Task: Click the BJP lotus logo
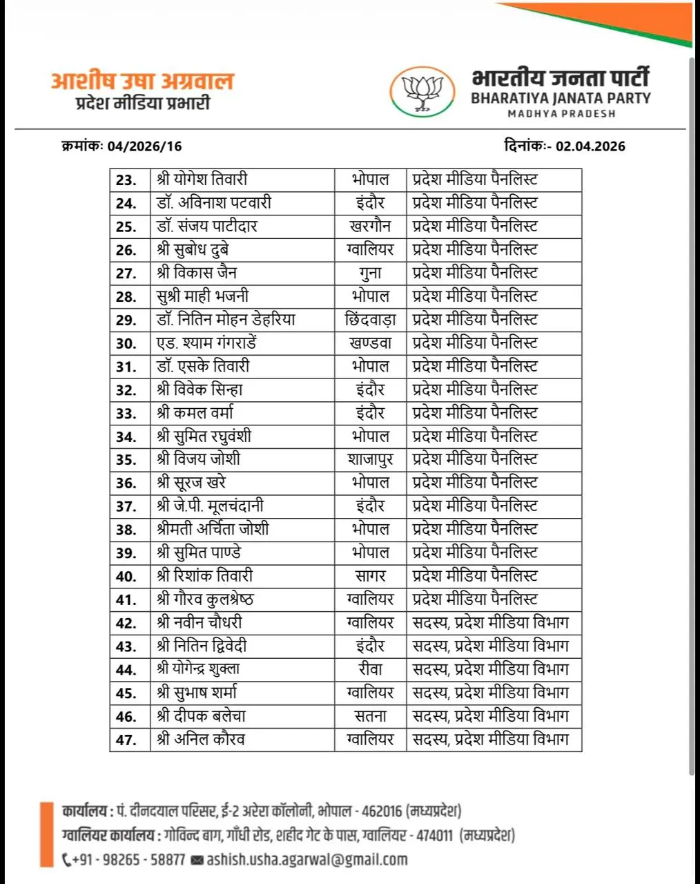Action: (422, 92)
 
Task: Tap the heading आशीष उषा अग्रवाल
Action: (142, 81)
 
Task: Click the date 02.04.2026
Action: (590, 146)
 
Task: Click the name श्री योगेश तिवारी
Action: (202, 180)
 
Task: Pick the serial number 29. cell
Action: (126, 320)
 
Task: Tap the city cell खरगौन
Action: (370, 226)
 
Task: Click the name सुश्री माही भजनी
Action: (202, 296)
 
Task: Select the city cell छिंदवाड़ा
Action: (370, 320)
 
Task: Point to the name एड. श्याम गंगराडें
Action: (207, 343)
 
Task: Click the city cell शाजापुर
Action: (370, 459)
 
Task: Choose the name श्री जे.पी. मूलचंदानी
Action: (210, 506)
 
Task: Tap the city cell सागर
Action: (370, 575)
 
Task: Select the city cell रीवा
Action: (370, 669)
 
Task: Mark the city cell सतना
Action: (370, 715)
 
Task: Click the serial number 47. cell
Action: (126, 740)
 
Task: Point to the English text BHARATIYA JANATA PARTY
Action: (561, 98)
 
